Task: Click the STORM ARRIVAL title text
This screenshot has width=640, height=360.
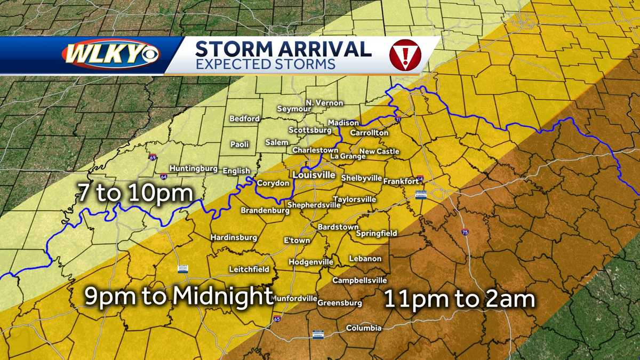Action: pos(283,49)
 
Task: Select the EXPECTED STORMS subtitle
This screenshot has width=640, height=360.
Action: pos(265,65)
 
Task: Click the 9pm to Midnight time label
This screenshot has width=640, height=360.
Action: pos(179,297)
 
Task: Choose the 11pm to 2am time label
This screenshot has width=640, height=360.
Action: pos(460,299)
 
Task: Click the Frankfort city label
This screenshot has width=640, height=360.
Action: pos(401,181)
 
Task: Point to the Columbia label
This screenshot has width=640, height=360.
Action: pos(364,328)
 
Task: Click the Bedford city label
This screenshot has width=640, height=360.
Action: pos(245,118)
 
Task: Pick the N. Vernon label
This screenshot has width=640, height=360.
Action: pos(324,103)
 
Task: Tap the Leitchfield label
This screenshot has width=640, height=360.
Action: pos(249,269)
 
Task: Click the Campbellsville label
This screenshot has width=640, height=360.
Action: pos(359,280)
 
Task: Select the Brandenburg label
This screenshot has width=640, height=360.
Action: pos(265,211)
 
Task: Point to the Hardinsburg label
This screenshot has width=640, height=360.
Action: pos(234,237)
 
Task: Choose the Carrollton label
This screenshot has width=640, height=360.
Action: pos(369,133)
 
